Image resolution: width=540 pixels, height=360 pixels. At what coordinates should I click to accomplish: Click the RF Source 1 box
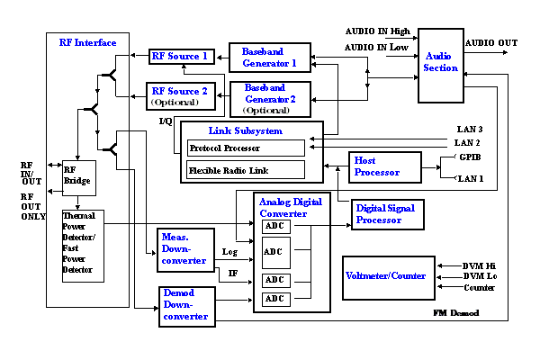point(180,57)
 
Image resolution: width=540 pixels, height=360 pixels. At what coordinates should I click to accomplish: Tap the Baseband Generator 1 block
point(270,58)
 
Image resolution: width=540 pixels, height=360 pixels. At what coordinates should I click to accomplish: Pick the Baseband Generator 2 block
point(270,98)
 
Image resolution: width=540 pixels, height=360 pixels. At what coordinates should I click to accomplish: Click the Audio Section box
point(440,62)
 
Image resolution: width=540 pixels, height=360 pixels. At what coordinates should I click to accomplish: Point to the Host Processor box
point(384,166)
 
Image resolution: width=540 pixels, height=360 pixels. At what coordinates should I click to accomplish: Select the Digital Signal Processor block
point(386,214)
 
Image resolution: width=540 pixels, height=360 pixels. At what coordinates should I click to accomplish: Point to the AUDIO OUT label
point(491,42)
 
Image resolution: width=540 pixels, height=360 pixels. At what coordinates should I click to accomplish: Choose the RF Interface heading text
point(88,42)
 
